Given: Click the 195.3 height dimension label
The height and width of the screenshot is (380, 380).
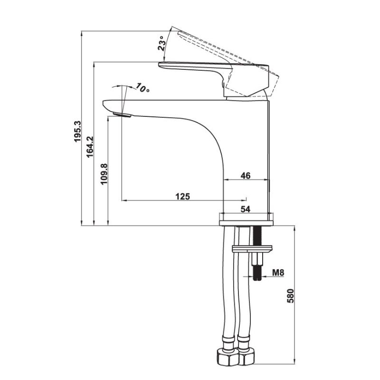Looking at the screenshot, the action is [77, 132].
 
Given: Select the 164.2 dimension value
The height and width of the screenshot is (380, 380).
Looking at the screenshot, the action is [90, 147].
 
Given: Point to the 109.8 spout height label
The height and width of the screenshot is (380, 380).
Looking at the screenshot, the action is [104, 174].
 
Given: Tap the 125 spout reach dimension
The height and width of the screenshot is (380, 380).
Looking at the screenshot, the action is [183, 196].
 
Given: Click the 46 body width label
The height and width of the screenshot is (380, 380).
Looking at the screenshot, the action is [245, 175].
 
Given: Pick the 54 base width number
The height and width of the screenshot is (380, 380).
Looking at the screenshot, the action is [245, 209].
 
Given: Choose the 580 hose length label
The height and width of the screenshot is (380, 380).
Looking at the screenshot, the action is [290, 295].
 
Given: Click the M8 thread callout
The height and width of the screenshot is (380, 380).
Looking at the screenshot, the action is [278, 273].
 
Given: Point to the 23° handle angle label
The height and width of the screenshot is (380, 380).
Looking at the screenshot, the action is [162, 43].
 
